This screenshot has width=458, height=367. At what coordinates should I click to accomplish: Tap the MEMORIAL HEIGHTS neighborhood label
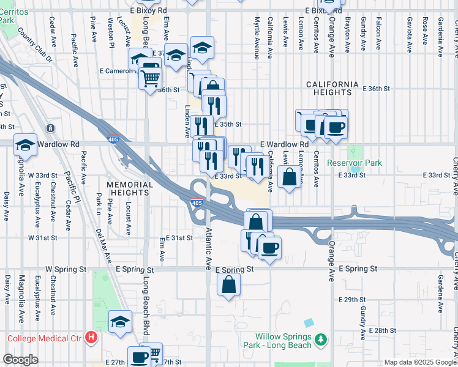tap(129, 188)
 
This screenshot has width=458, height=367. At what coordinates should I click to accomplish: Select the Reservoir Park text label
tap(354, 163)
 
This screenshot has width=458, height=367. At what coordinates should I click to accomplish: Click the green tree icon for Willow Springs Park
tap(320, 339)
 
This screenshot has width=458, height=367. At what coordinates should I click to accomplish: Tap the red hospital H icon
tap(91, 337)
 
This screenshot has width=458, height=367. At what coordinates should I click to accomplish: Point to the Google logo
tap(20, 360)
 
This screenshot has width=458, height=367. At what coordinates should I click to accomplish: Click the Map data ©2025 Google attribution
tap(419, 362)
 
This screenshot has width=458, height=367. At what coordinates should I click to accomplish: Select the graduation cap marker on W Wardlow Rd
tap(25, 145)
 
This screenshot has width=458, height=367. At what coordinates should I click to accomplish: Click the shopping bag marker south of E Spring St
tap(228, 284)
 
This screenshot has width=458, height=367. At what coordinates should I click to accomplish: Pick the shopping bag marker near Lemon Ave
tap(290, 177)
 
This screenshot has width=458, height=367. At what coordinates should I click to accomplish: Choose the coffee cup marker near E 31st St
tap(269, 247)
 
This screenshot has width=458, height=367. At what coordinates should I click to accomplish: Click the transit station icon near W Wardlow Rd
tap(50, 129)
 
